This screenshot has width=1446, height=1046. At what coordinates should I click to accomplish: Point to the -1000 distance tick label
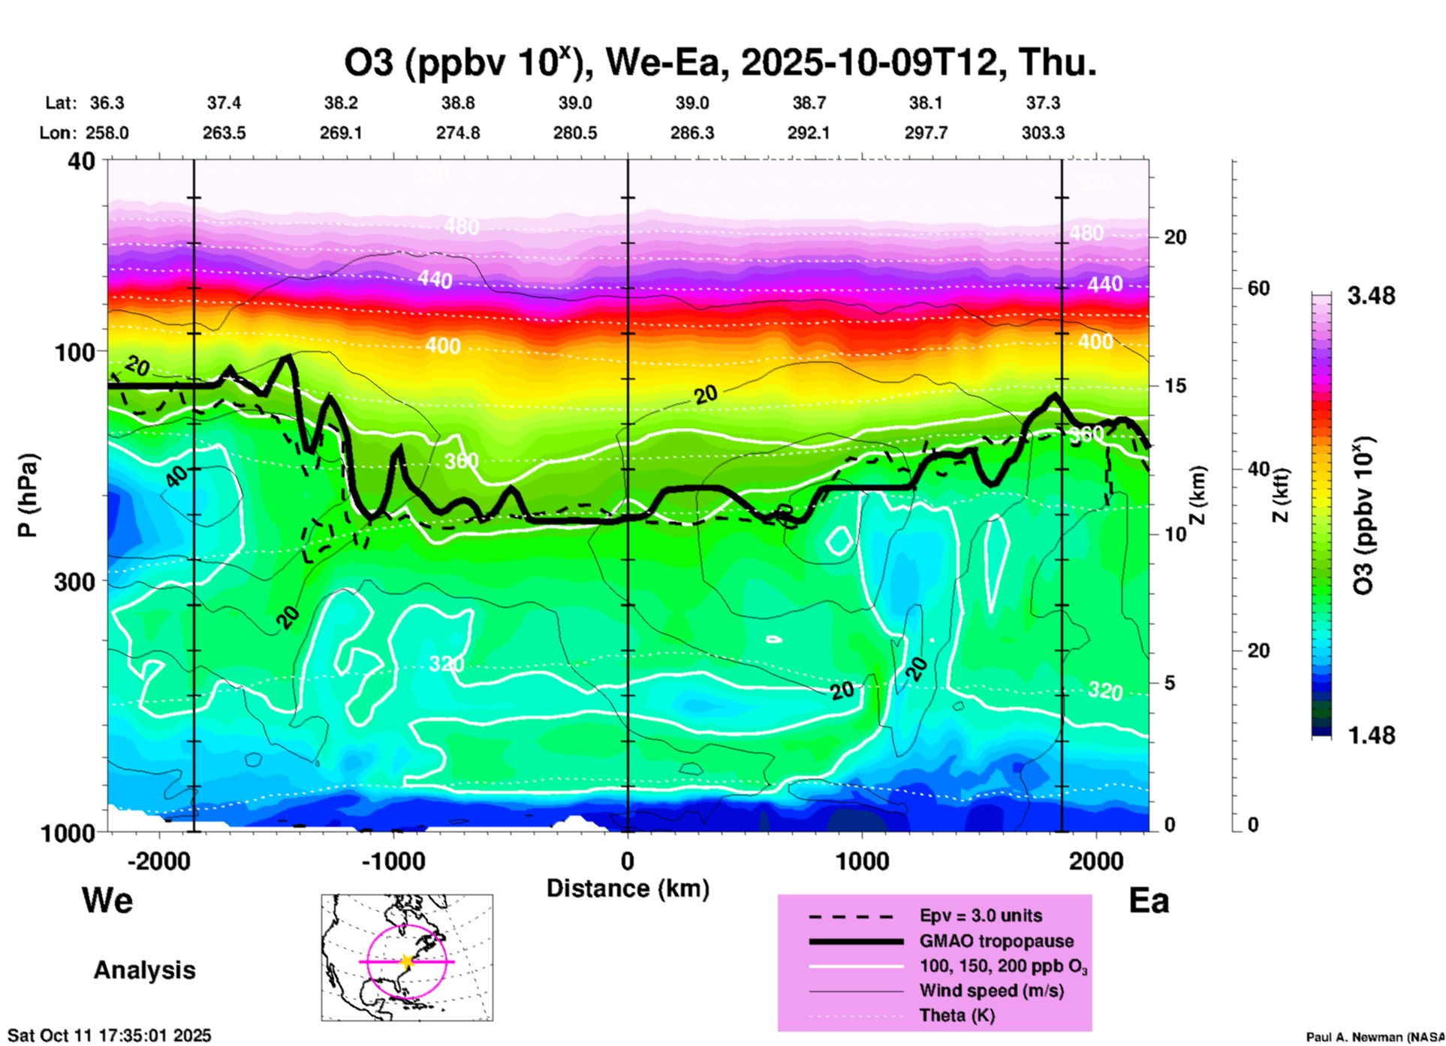(x=393, y=861)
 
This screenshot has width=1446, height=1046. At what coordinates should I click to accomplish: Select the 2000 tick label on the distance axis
(x=1096, y=861)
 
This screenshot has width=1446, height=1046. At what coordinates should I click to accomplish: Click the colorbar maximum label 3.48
(x=1371, y=296)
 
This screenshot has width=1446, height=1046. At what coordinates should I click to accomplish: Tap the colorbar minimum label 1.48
(x=1371, y=735)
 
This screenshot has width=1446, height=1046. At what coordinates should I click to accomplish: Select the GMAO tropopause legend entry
(x=996, y=941)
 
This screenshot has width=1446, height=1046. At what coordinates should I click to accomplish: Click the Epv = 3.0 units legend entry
(x=981, y=915)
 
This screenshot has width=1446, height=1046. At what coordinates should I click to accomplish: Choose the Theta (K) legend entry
(x=956, y=1015)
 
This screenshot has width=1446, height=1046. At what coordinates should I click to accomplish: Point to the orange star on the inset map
(x=407, y=961)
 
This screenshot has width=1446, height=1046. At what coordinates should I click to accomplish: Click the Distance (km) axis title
(x=628, y=888)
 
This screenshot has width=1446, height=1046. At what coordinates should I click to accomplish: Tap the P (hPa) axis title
(x=28, y=495)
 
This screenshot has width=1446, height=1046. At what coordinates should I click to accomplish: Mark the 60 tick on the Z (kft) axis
(x=1258, y=288)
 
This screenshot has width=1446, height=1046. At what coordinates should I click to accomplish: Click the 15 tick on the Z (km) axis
(x=1175, y=386)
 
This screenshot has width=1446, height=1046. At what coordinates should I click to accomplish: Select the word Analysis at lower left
(x=144, y=970)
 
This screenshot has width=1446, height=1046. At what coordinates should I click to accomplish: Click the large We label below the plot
(x=107, y=900)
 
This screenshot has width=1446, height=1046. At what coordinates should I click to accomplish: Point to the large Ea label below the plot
(x=1149, y=900)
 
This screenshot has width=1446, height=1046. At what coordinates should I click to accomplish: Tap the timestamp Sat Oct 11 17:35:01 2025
(x=110, y=1035)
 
